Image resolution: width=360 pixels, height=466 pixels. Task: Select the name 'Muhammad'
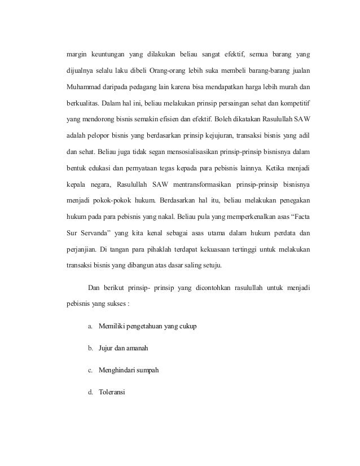click(x=85, y=87)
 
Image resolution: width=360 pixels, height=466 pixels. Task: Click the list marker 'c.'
click(x=90, y=370)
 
